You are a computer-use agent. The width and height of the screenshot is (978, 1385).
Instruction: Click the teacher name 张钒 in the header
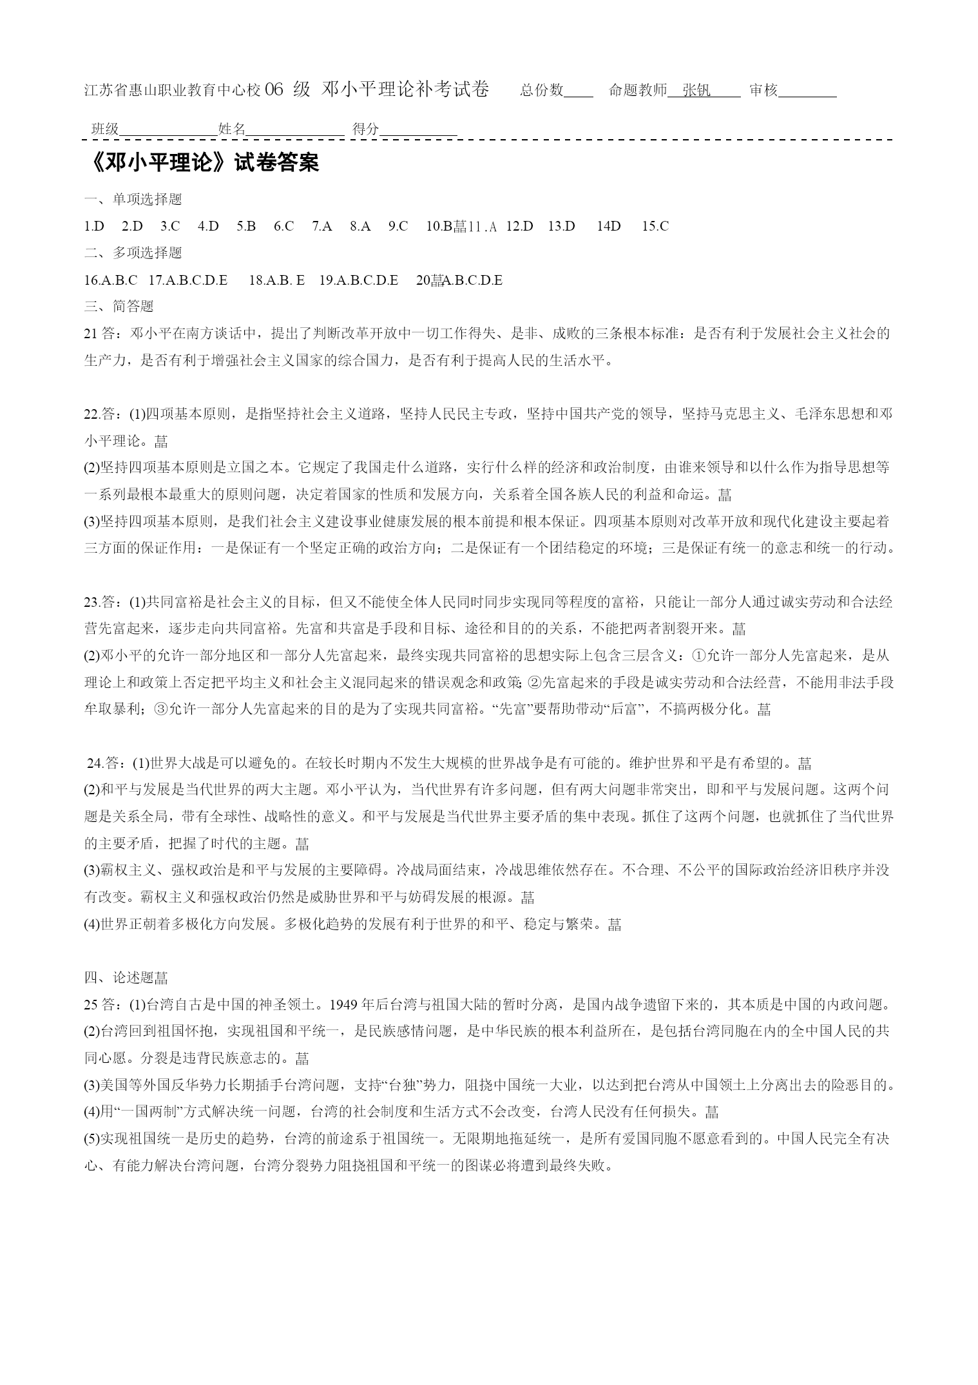tap(696, 90)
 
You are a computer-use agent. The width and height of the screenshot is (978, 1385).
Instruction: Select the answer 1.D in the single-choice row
tap(94, 226)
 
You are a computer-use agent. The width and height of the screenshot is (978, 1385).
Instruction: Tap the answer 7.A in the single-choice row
tap(321, 226)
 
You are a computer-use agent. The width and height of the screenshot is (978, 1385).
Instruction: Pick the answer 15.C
tap(655, 226)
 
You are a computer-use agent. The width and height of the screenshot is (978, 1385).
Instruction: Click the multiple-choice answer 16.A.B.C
tap(110, 280)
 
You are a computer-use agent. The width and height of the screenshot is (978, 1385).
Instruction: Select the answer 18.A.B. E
tap(276, 280)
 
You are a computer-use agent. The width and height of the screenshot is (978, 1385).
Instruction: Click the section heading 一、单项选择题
tap(133, 200)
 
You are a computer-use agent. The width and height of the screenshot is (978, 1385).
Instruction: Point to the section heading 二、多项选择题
tap(133, 253)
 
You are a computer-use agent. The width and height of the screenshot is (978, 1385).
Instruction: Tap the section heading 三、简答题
tap(119, 307)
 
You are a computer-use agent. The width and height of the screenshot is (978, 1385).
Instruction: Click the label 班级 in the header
tap(105, 129)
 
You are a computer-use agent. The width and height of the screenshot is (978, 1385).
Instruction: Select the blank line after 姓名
tap(295, 132)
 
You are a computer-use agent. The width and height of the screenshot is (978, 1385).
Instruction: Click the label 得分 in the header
tap(366, 129)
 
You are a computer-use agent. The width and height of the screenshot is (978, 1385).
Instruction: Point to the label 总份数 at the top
tap(542, 90)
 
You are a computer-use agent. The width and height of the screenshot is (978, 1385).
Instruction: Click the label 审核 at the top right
tap(763, 90)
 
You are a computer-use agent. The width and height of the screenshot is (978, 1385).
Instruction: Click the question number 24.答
tap(106, 763)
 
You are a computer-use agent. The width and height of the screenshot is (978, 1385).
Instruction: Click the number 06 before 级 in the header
tap(274, 90)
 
